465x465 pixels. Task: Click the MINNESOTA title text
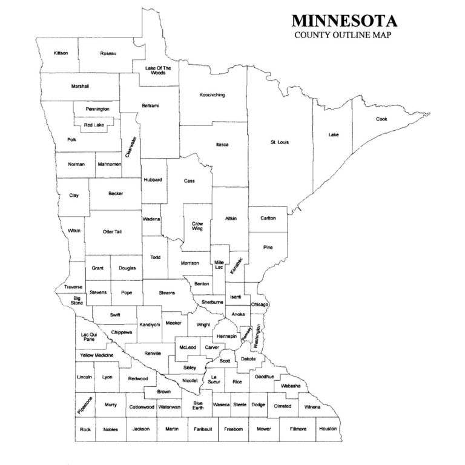coord(345,21)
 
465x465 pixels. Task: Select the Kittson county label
coord(61,53)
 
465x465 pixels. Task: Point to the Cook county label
coord(381,119)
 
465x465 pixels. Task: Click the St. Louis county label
coord(279,142)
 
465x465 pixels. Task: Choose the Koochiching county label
coord(213,95)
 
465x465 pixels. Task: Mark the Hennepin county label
coord(226,335)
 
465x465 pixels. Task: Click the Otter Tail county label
coord(112,232)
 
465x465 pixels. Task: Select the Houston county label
coord(328,429)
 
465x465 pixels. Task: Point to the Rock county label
coord(85,429)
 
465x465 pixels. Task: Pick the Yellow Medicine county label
coord(96,355)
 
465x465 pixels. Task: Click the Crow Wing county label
coord(197,226)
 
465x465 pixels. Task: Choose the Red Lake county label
coord(94,125)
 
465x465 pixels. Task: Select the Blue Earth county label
coord(197,406)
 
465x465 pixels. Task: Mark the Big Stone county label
coord(77,300)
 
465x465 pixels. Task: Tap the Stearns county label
coord(167,293)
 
